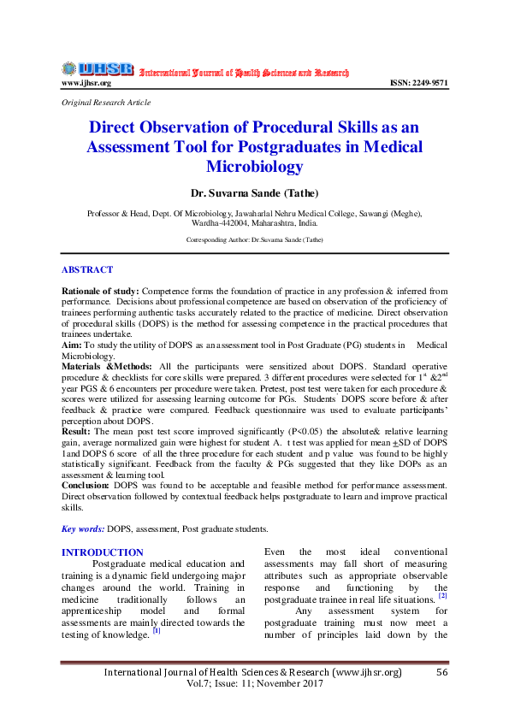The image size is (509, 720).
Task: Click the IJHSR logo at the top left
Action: pos(97,68)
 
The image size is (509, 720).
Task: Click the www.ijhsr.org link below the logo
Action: pos(86,83)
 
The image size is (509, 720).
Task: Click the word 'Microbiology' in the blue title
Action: pos(254,166)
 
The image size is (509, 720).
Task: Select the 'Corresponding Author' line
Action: pos(254,240)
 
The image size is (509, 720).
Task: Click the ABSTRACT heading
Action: pos(87,269)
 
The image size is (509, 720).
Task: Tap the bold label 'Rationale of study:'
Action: pos(99,292)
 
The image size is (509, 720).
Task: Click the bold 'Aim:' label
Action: pos(72,344)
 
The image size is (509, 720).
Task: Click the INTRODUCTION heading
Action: pos(103,552)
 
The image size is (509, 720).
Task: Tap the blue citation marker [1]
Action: pos(157,631)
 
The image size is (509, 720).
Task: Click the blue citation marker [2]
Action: pos(442,595)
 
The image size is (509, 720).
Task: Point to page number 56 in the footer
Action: pos(442,673)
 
